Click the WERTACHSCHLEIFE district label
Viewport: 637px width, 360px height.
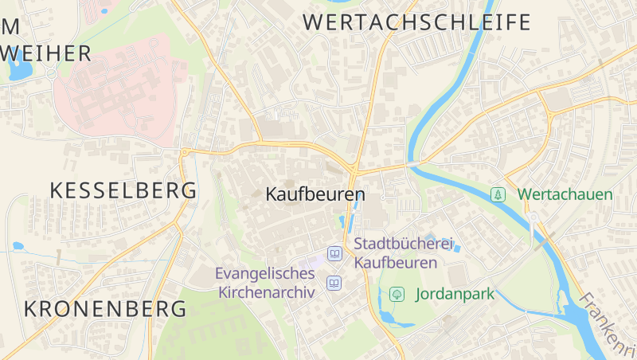tap(417, 22)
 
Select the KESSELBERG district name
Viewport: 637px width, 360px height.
tap(123, 190)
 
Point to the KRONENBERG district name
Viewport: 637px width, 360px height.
tap(105, 309)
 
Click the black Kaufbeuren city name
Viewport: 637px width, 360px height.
tap(315, 194)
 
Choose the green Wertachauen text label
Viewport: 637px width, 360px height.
tap(565, 194)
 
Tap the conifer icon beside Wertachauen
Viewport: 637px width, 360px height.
tap(498, 194)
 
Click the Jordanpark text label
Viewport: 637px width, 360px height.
tap(455, 294)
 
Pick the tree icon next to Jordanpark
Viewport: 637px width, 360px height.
tap(396, 294)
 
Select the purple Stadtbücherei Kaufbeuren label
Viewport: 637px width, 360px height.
tap(397, 252)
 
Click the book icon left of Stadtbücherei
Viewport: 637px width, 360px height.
tap(335, 254)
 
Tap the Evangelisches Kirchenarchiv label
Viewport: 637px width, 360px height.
tap(266, 283)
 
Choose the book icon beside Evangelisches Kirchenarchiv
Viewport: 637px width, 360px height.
tap(334, 283)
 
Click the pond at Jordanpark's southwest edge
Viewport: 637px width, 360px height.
tap(388, 317)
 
